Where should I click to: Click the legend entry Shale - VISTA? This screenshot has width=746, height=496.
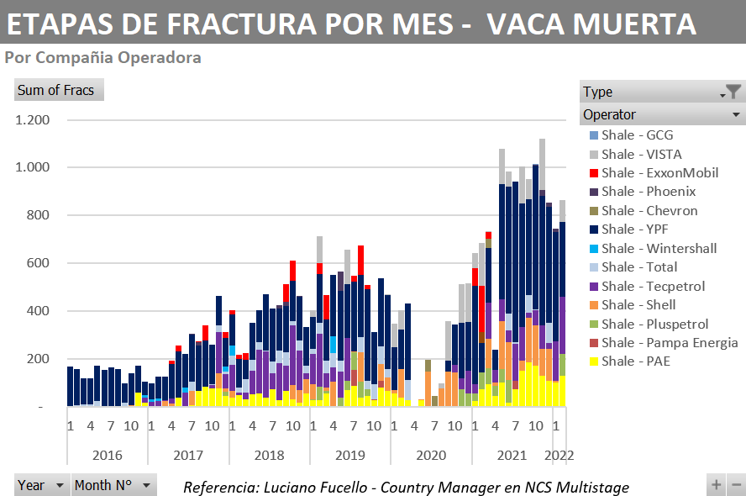point(641,154)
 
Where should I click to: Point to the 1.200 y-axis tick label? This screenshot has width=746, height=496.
point(32,120)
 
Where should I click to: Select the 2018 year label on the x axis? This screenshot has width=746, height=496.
point(269,455)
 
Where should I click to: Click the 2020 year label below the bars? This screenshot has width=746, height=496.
point(431,455)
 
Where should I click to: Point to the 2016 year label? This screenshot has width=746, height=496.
point(107,455)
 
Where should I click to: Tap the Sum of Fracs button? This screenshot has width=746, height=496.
point(56,90)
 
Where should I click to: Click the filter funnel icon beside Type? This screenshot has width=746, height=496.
point(733,92)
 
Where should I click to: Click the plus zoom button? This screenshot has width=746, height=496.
point(717,484)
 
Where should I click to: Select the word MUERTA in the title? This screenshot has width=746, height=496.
point(633,24)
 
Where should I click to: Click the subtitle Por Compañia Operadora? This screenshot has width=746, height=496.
point(102,58)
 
